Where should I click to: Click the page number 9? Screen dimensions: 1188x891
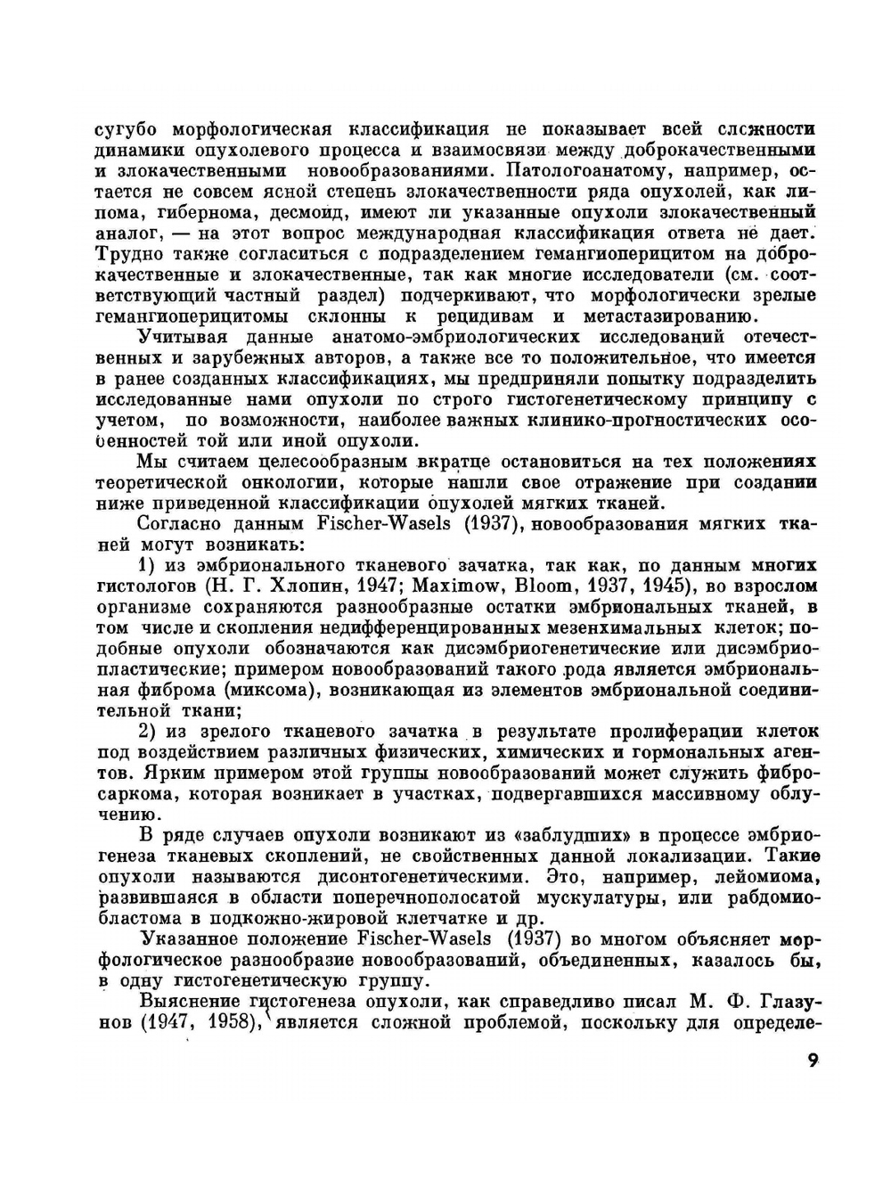812,1060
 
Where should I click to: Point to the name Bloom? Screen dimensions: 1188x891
520,586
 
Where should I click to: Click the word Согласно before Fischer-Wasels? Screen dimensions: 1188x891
182,524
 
